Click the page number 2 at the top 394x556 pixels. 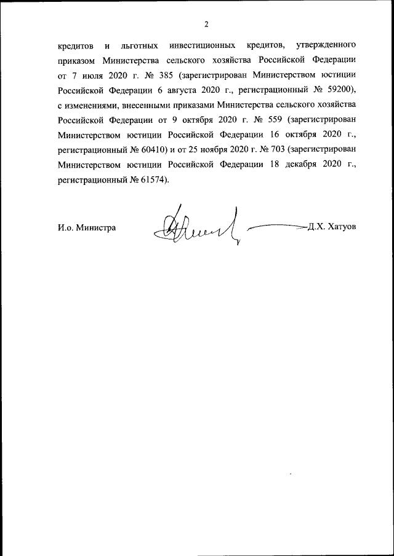tap(206, 25)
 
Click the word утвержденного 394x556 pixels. tap(326, 45)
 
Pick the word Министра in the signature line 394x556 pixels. tap(97, 227)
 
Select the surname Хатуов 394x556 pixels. tap(342, 227)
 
